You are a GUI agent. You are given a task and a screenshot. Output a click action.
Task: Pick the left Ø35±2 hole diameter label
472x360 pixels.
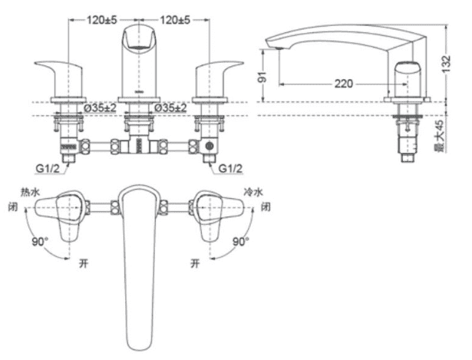coord(99,107)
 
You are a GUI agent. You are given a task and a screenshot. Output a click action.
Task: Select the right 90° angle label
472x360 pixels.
coord(241,241)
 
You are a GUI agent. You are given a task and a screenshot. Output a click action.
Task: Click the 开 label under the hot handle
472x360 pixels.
coord(82,261)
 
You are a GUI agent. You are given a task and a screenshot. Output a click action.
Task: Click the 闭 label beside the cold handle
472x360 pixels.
coord(266,207)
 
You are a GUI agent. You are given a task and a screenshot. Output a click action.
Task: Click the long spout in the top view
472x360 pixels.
coord(140,261)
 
